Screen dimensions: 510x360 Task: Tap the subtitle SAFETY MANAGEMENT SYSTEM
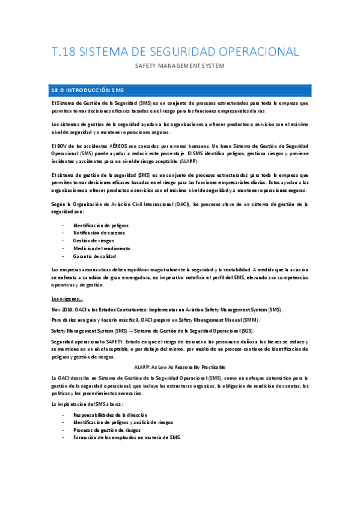click(x=180, y=66)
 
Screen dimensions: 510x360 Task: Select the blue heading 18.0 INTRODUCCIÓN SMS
click(x=88, y=90)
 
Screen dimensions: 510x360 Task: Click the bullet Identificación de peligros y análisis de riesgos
click(x=123, y=422)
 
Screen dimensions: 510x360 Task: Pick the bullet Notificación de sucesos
click(x=99, y=233)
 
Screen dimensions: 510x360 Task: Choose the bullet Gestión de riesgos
click(x=94, y=241)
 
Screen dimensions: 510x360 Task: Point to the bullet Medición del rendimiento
click(x=102, y=248)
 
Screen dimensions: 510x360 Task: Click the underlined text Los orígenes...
click(x=67, y=298)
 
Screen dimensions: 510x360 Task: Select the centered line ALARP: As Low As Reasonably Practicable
click(x=180, y=366)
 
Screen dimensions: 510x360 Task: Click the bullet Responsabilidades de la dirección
click(x=110, y=415)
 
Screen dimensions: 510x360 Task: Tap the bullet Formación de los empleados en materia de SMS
click(x=127, y=437)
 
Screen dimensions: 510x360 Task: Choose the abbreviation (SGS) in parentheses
click(x=245, y=331)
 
